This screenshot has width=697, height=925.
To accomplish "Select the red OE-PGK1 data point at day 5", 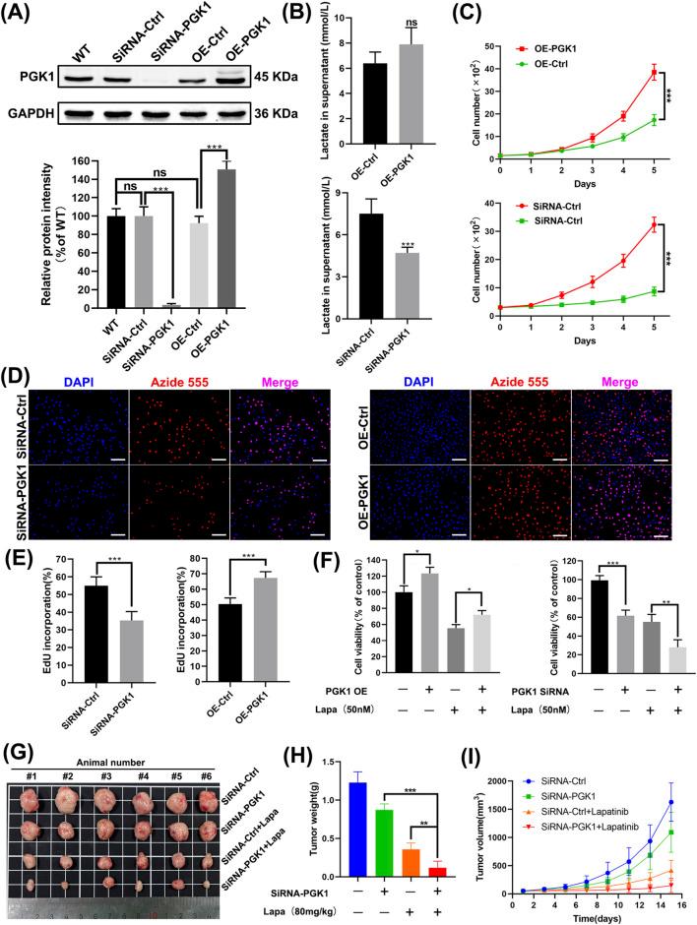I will tap(653, 72).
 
